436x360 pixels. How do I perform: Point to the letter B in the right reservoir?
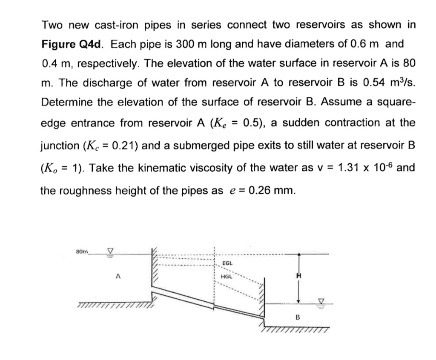[x=298, y=317]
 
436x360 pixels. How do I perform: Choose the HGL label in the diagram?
[x=227, y=277]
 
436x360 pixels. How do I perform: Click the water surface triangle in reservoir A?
[x=110, y=253]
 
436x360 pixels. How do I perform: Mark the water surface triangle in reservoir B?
[x=322, y=301]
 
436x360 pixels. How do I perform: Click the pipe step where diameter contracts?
[x=214, y=305]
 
